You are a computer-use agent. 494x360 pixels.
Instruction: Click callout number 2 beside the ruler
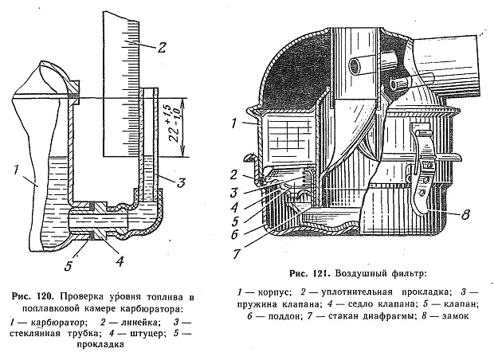(x=161, y=48)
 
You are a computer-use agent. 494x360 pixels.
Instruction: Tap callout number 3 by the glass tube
(x=181, y=182)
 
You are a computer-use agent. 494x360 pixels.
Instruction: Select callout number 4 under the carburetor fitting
(x=119, y=260)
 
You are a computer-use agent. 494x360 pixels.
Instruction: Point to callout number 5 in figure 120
(x=69, y=265)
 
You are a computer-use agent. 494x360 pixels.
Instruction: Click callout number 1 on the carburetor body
(x=15, y=170)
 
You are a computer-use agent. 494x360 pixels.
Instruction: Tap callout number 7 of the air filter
(x=237, y=253)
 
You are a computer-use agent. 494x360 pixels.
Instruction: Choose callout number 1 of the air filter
(x=233, y=123)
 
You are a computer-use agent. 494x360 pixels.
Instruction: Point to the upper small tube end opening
(x=355, y=66)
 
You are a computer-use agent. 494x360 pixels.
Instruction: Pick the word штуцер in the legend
(x=144, y=333)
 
